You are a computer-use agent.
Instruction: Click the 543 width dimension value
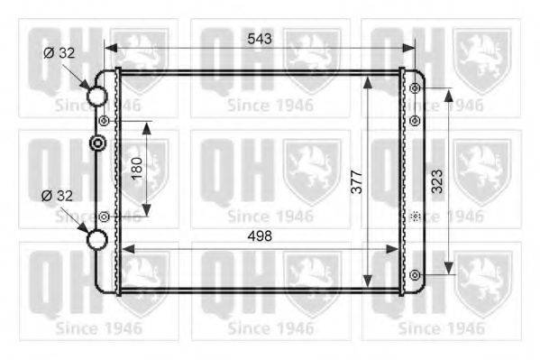point(260,39)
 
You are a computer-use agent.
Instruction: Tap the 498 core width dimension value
point(260,235)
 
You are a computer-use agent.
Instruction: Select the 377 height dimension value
point(357,181)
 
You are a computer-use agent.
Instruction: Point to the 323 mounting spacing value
point(437,181)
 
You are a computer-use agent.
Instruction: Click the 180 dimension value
point(137,169)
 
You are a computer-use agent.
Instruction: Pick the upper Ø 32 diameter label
point(59,52)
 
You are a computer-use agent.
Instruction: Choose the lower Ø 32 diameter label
point(57,196)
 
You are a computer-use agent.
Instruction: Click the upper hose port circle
point(96,96)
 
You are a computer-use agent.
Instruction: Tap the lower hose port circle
point(96,239)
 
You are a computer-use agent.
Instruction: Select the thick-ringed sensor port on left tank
point(97,143)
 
